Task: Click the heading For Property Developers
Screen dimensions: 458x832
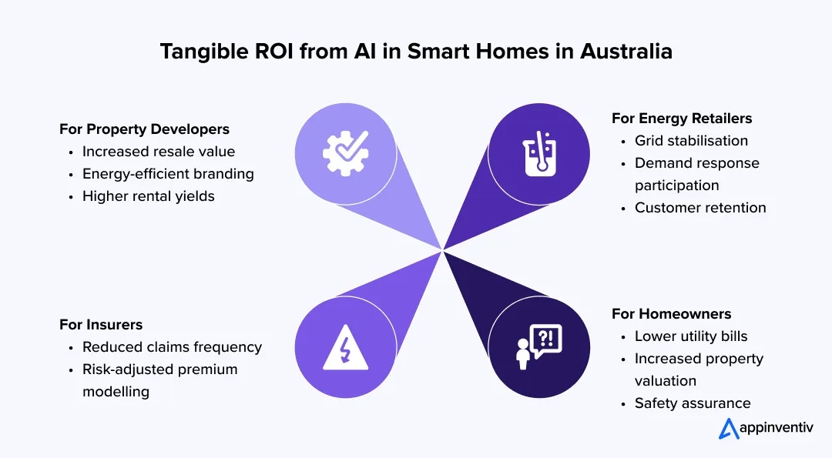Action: pyautogui.click(x=144, y=129)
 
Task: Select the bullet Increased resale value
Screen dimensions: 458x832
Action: pyautogui.click(x=158, y=151)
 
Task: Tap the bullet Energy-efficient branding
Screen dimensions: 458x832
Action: pyautogui.click(x=168, y=173)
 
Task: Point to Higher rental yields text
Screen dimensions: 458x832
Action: pyautogui.click(x=148, y=196)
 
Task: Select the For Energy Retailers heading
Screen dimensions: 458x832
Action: pyautogui.click(x=681, y=118)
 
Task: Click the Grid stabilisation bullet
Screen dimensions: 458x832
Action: pyautogui.click(x=691, y=140)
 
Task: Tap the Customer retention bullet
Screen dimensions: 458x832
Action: pyautogui.click(x=699, y=207)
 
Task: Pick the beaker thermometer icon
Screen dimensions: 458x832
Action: pyautogui.click(x=539, y=152)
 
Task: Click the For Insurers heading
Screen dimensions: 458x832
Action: pyautogui.click(x=101, y=324)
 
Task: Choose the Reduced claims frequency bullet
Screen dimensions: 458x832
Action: pyautogui.click(x=172, y=346)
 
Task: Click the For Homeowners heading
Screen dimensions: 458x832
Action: pyautogui.click(x=671, y=313)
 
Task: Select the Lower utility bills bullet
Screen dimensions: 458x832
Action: pyautogui.click(x=690, y=336)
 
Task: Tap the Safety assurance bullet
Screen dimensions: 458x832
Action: pyautogui.click(x=692, y=403)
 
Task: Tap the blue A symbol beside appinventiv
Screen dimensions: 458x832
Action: pyautogui.click(x=729, y=429)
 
